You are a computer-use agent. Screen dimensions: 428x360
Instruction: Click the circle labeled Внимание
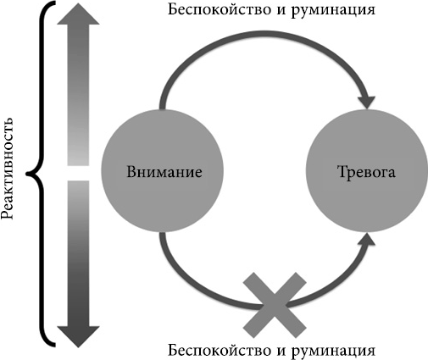click(x=163, y=171)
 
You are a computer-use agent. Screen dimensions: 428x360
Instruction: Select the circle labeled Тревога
click(x=367, y=171)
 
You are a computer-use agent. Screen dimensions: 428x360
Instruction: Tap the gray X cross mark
click(x=275, y=305)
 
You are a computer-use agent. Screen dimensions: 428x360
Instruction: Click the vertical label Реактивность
click(x=8, y=169)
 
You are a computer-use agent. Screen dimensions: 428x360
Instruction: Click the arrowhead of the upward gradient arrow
click(x=78, y=14)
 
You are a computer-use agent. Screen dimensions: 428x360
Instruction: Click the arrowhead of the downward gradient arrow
click(x=78, y=337)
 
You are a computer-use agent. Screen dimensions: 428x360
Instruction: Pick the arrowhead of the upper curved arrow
click(x=366, y=102)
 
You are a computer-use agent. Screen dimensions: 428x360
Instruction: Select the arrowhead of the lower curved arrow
click(x=366, y=240)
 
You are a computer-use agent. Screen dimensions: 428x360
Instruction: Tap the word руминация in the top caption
click(x=333, y=11)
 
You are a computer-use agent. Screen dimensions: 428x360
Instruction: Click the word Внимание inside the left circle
click(x=164, y=172)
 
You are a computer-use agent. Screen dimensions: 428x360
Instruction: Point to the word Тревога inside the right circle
click(x=366, y=172)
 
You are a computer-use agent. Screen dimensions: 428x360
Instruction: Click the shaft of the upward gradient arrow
click(x=78, y=95)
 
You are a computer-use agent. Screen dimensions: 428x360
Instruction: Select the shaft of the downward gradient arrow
click(x=78, y=253)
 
